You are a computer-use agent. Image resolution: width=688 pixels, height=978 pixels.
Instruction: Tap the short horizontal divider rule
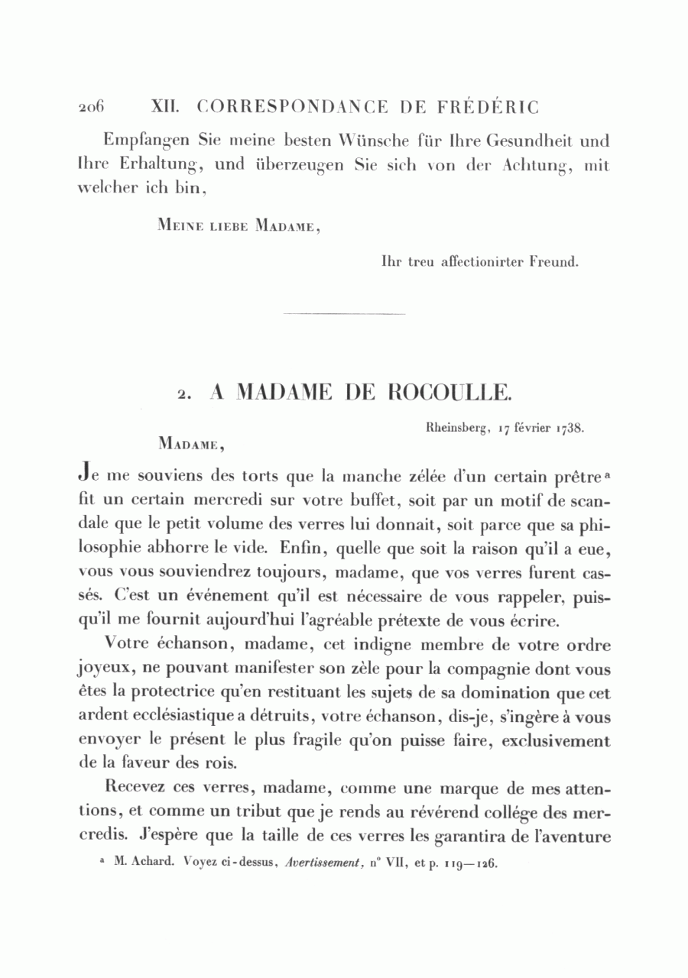344,313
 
